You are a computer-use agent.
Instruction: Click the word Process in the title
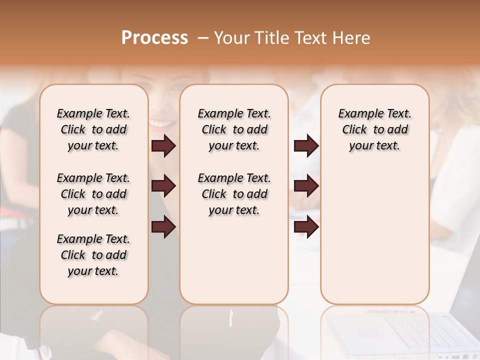154,38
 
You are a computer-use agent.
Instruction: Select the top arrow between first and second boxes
163,146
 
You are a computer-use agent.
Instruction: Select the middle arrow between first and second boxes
163,186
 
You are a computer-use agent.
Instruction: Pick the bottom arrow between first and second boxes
163,227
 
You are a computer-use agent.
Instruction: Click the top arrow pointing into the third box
306,146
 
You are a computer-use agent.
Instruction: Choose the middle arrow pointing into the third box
306,186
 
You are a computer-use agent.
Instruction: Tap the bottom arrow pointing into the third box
306,227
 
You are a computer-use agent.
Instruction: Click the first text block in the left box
93,129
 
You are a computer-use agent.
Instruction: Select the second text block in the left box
93,194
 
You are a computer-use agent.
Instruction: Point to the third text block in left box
93,255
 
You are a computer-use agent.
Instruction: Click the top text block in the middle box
234,129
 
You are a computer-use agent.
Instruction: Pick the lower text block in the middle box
234,194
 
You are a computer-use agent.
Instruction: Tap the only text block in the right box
374,129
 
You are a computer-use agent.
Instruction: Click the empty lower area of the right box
374,240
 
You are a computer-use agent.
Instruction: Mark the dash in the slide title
203,38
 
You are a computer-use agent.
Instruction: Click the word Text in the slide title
310,38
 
